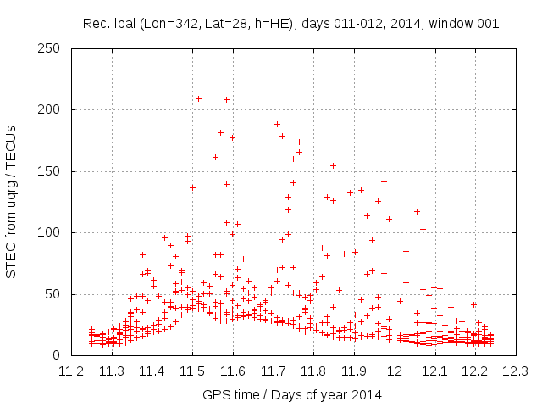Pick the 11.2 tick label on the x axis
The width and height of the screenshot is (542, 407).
[x=71, y=371]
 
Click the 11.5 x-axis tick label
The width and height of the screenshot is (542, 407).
[x=192, y=371]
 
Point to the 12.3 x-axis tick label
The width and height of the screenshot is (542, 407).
[x=514, y=371]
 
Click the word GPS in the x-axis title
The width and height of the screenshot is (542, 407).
[x=215, y=394]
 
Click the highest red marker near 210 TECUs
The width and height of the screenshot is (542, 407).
[x=198, y=98]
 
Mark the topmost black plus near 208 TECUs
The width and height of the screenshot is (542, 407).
[x=226, y=99]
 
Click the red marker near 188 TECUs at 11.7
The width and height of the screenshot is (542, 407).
[x=277, y=125]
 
